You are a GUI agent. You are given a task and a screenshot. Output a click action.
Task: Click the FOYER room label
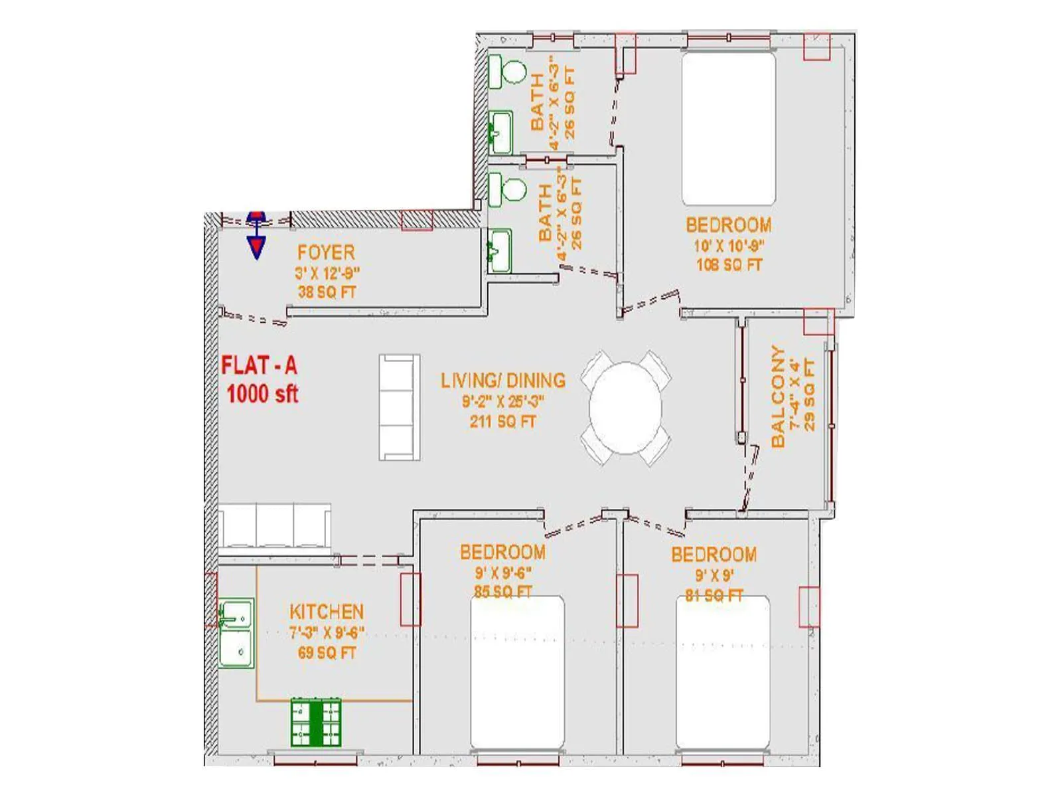(x=326, y=252)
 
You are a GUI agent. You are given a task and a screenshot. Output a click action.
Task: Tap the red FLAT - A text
(x=259, y=366)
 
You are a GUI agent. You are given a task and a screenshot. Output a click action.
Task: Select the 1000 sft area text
(x=262, y=394)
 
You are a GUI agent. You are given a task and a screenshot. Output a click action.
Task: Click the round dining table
(x=625, y=408)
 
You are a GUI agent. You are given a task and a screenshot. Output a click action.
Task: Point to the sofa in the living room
(x=399, y=407)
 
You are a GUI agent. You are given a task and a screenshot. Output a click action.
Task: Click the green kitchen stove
(x=316, y=721)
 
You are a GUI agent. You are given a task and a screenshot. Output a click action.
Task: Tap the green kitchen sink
(x=236, y=632)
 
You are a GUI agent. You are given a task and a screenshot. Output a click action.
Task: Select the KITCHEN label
(x=327, y=612)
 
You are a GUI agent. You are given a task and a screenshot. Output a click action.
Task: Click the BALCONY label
(x=778, y=397)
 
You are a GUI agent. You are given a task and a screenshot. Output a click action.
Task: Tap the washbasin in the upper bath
(x=500, y=132)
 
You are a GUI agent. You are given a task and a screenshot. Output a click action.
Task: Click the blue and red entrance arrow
(x=256, y=234)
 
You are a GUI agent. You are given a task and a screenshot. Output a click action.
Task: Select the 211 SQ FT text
(x=502, y=421)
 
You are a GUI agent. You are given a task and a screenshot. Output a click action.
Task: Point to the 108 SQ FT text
(x=729, y=265)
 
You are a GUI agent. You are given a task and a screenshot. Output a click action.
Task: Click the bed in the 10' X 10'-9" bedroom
(x=729, y=129)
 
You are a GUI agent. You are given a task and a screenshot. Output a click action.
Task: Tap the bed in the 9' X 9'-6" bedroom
(x=517, y=672)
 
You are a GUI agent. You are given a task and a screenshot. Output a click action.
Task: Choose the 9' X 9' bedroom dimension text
(x=714, y=575)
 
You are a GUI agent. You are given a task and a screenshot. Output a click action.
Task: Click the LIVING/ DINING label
(x=503, y=381)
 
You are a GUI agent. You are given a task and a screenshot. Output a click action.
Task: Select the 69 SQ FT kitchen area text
(x=327, y=653)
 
